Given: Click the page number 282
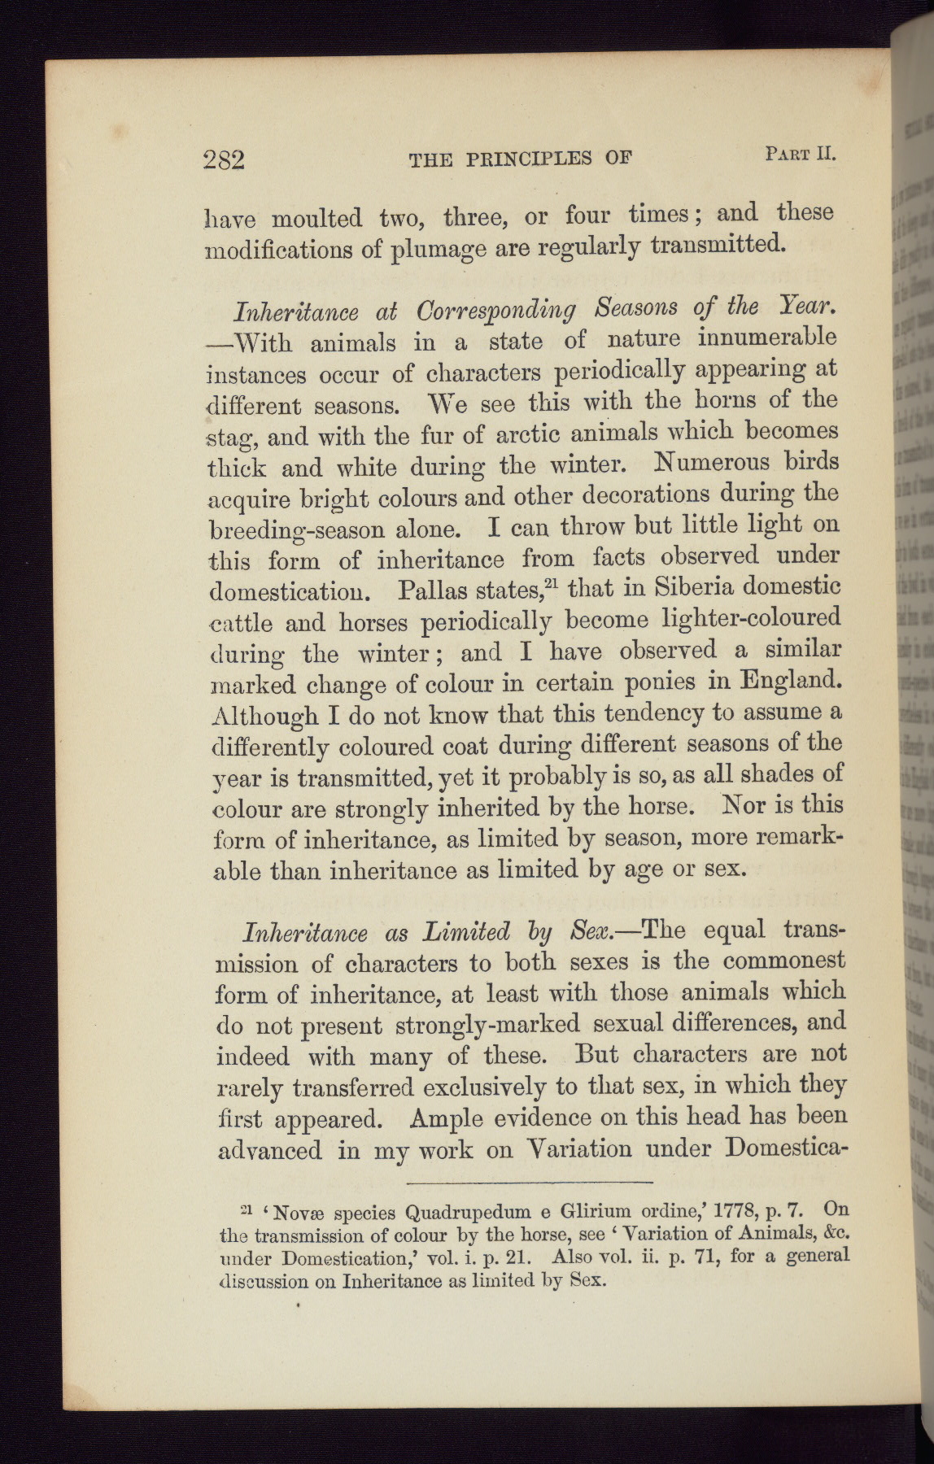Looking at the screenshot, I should coord(224,159).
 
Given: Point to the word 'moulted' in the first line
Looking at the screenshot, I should coord(316,219).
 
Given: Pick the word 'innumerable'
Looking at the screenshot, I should coord(756,337).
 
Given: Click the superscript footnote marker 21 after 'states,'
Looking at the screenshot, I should coord(554,579).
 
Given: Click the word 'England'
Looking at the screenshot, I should coord(787,679).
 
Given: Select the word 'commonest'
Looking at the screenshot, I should coord(783,961).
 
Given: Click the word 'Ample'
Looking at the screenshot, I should coord(448,1118).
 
